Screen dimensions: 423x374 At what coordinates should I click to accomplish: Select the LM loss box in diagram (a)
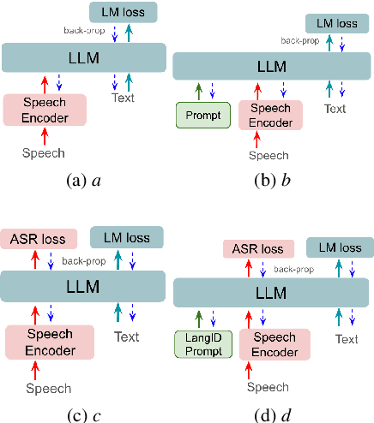123,12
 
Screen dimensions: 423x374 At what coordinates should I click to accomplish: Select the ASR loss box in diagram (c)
40,239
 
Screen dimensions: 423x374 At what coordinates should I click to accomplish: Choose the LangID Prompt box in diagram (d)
202,343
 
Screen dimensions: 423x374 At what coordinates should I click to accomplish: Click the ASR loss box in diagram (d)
257,249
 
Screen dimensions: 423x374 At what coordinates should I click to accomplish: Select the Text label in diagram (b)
335,109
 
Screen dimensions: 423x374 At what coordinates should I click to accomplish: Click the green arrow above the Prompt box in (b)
198,90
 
